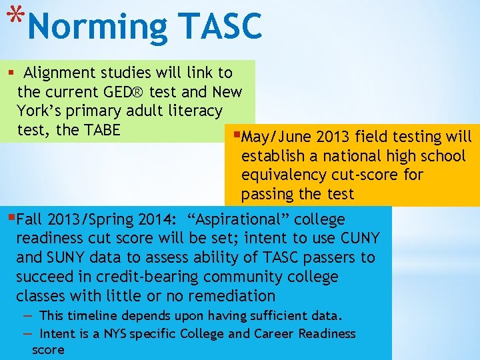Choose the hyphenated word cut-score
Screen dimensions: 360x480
tap(370, 175)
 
